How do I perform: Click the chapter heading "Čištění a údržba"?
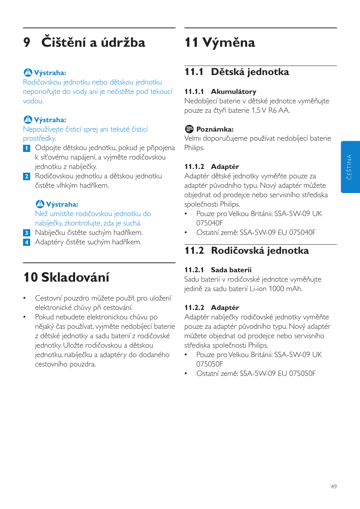click(x=93, y=42)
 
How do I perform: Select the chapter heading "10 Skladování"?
click(x=66, y=277)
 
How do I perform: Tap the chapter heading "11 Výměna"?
click(x=220, y=42)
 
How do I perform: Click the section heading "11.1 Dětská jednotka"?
click(x=237, y=72)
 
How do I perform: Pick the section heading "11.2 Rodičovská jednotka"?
click(x=246, y=250)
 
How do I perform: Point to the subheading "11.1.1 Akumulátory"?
click(x=220, y=92)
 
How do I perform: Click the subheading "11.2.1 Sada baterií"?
click(x=218, y=270)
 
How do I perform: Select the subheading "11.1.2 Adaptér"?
click(x=211, y=167)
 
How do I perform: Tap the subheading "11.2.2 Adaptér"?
click(x=211, y=308)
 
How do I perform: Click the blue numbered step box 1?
click(x=26, y=148)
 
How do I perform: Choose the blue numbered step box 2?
click(x=26, y=176)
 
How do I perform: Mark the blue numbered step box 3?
click(x=26, y=233)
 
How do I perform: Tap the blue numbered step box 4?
click(x=26, y=242)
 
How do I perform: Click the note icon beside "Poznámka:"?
click(x=189, y=129)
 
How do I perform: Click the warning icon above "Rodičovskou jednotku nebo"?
click(x=28, y=72)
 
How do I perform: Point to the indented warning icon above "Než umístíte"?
click(x=40, y=204)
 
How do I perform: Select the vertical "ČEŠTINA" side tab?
click(x=350, y=167)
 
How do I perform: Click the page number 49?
click(x=334, y=487)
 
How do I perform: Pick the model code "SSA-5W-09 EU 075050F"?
click(x=278, y=374)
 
